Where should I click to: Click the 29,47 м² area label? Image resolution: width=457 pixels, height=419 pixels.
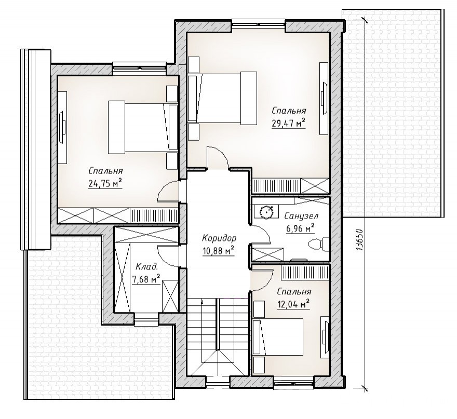(x=288, y=123)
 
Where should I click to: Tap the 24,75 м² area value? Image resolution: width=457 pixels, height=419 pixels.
(x=104, y=184)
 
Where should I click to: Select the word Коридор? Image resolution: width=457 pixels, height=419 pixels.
(x=219, y=238)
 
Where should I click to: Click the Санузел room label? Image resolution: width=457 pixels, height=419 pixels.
(x=301, y=216)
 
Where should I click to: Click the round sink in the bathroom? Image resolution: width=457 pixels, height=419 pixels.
(x=266, y=211)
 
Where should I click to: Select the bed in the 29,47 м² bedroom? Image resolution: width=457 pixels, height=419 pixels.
(x=222, y=98)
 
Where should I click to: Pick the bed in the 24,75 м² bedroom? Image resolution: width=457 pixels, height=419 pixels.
(x=143, y=127)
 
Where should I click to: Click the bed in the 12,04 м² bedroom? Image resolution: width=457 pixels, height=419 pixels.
(x=278, y=337)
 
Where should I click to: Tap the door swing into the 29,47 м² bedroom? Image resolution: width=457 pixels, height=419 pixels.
(x=218, y=157)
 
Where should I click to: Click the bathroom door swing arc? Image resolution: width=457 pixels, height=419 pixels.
(x=261, y=234)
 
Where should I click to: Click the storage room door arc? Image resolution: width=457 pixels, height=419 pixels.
(x=169, y=256)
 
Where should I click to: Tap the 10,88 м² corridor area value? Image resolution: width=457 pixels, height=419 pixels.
(x=219, y=251)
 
